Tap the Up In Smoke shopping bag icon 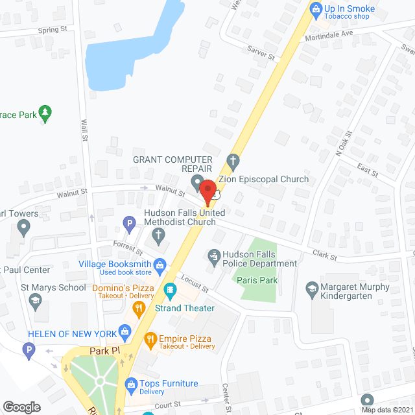316,8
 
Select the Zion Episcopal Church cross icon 233,160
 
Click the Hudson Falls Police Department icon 213,255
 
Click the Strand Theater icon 171,289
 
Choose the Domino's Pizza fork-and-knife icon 137,310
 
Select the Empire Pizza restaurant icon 150,338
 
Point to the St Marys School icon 34,300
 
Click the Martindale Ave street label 329,34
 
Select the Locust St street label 195,282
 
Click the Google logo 21,407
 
